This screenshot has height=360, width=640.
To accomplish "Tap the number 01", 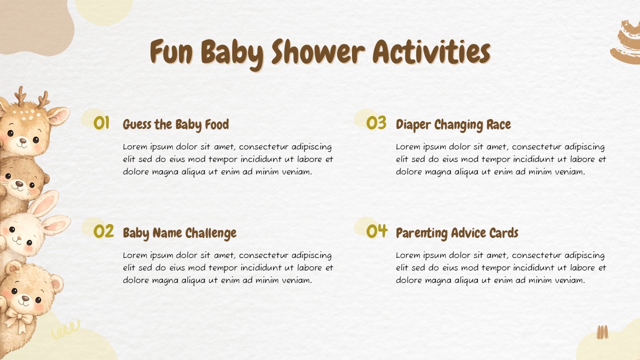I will coord(101,123).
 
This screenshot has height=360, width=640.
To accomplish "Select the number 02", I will coord(104,231).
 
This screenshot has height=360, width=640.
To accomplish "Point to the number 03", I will coord(376,123).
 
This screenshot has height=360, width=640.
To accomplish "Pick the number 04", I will coord(377,231).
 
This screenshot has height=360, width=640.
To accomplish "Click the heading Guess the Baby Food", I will coord(176,124).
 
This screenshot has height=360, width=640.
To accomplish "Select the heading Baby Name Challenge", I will coord(179,233).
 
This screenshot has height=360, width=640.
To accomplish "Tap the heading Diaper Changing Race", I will coord(453,124).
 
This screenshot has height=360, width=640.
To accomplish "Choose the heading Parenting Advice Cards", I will coord(457,233).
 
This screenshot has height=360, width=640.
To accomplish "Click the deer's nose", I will coord(23,140).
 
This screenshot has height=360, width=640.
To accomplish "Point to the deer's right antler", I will coord(44,99).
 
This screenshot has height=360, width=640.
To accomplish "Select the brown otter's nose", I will coord(18,184).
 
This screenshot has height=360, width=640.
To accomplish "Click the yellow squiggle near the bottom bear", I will coord(65,330).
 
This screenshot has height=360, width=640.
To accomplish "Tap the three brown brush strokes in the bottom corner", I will coord(602,332).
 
